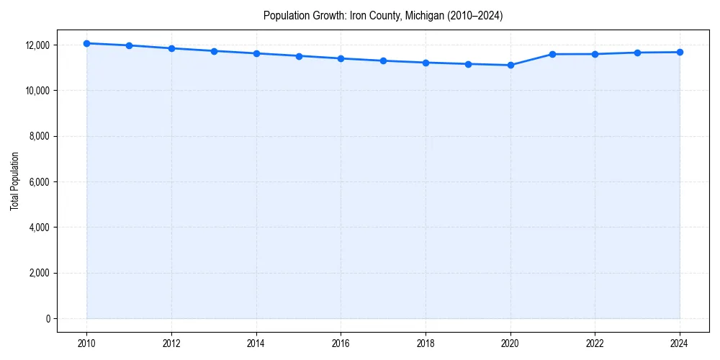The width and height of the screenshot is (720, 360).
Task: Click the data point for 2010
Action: [x=86, y=43]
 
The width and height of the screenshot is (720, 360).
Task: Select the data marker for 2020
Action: [x=510, y=65]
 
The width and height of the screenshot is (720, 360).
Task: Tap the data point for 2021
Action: [x=553, y=54]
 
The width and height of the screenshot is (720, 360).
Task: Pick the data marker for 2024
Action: [x=680, y=52]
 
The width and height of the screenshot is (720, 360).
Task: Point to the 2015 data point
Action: [x=299, y=55]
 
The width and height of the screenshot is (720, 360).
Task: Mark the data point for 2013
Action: [x=214, y=51]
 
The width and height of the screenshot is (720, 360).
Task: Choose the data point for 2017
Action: [x=383, y=60]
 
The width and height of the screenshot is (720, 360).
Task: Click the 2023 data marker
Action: [x=637, y=53]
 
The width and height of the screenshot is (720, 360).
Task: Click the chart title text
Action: [x=383, y=15]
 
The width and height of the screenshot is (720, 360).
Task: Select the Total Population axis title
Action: [x=14, y=181]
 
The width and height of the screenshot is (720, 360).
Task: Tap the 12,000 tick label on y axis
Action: [x=37, y=45]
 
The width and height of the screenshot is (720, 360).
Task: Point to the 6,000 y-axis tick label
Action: [x=39, y=181]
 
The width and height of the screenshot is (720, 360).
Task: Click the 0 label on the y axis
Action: [x=47, y=318]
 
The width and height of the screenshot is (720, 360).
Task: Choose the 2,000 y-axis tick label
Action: [x=39, y=273]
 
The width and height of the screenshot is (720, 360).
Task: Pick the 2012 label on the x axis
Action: [x=171, y=343]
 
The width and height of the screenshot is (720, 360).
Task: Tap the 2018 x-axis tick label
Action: [x=426, y=343]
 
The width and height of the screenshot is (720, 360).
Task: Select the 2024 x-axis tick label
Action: [x=680, y=343]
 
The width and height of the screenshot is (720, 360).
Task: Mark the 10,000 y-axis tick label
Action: [x=37, y=91]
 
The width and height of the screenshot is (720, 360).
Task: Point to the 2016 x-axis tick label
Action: [x=341, y=343]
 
